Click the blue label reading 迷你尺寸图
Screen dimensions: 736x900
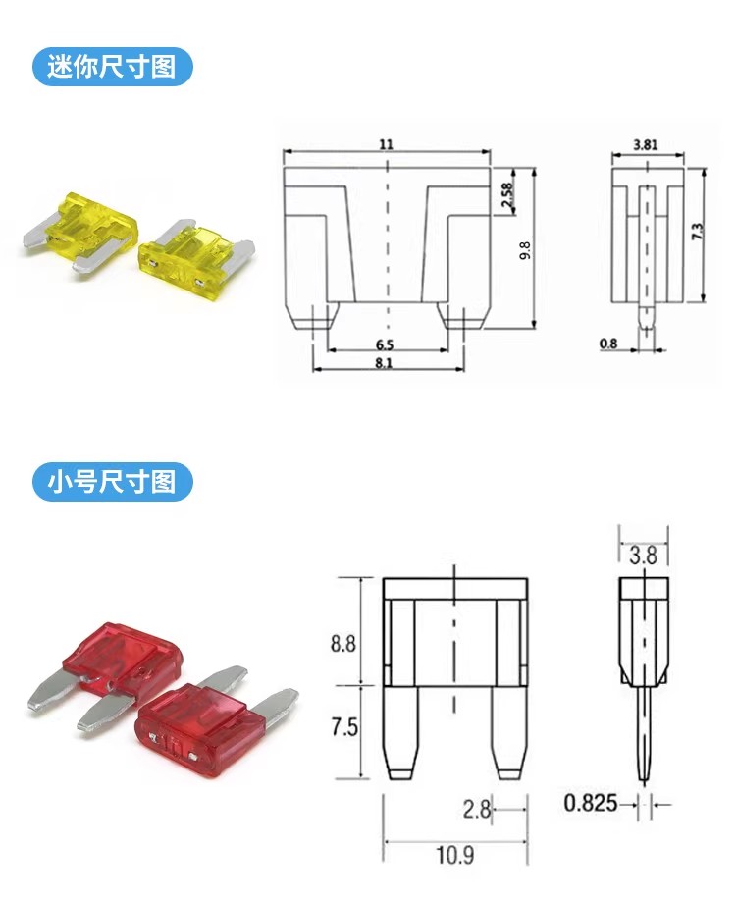click(x=112, y=67)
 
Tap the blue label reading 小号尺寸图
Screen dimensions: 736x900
click(x=112, y=482)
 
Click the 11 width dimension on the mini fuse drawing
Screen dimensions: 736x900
click(x=387, y=143)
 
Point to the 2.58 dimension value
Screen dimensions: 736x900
click(x=507, y=195)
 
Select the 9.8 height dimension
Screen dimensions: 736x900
click(x=525, y=251)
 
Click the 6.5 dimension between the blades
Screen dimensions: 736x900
click(x=385, y=344)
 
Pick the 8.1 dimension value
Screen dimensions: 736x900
click(x=384, y=363)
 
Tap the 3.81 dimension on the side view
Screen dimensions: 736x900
click(x=646, y=144)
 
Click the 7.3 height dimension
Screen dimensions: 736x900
click(x=697, y=232)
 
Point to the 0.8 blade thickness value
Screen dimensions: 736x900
click(x=608, y=344)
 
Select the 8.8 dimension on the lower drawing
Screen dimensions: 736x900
click(x=343, y=644)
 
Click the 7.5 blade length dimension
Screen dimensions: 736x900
click(x=343, y=727)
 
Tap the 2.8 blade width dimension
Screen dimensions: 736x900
click(x=477, y=810)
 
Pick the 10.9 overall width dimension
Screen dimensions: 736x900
click(x=454, y=855)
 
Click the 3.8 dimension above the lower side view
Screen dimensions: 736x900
click(x=643, y=556)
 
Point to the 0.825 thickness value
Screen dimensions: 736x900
click(x=590, y=803)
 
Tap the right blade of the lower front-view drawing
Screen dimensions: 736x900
click(x=508, y=732)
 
